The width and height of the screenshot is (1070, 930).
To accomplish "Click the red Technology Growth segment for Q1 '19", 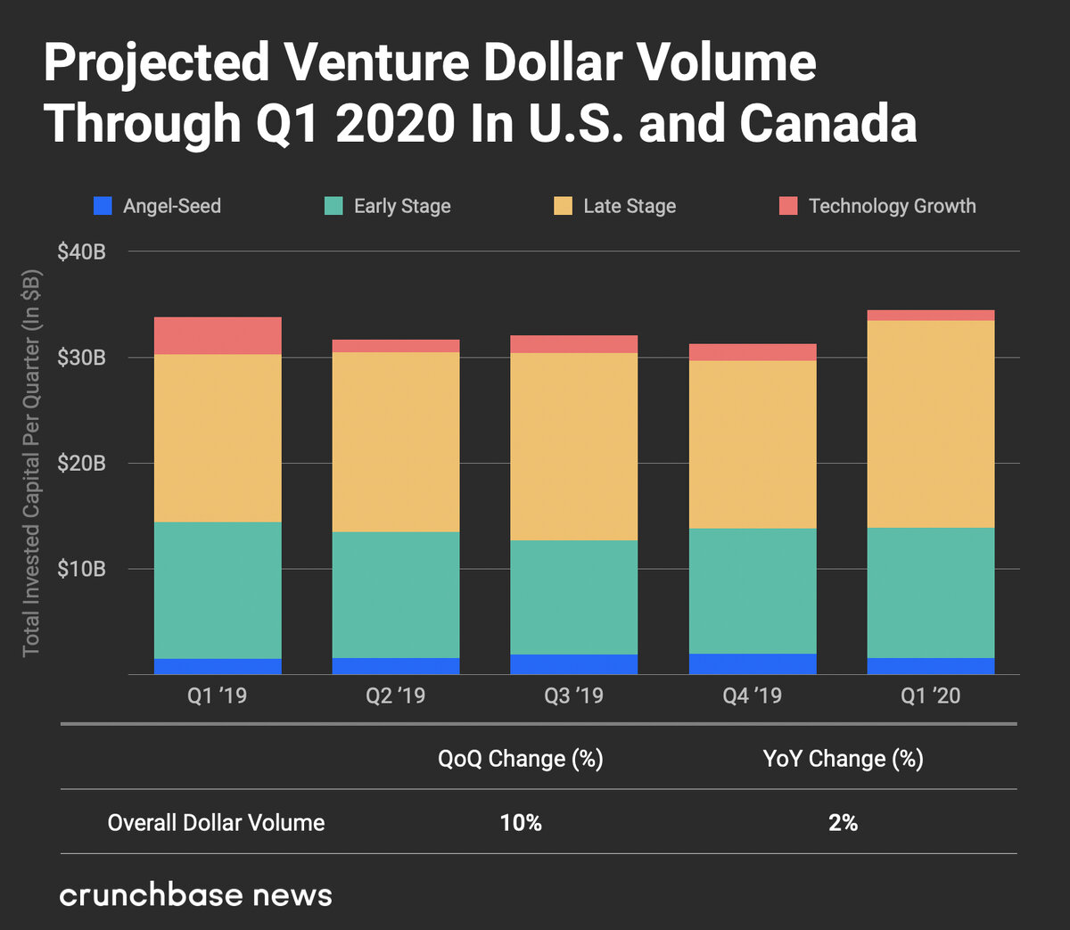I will tap(218, 335).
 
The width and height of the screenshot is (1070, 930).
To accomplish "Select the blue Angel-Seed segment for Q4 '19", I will tap(753, 663).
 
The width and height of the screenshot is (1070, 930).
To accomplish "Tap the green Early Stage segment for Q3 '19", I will tap(574, 597).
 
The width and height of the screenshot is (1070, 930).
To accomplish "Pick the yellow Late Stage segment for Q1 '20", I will tap(931, 424).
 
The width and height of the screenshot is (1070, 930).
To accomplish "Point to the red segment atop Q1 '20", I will tap(931, 315).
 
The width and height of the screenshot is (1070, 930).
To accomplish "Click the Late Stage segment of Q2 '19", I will tap(396, 441).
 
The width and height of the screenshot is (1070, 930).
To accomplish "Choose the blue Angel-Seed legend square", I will tap(103, 206).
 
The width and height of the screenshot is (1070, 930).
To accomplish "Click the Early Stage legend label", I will tap(402, 206).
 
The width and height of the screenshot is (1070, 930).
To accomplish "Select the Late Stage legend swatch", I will tap(563, 206).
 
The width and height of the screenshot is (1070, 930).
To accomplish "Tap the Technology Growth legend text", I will tap(892, 206).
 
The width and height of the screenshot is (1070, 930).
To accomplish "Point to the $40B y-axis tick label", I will tap(81, 251).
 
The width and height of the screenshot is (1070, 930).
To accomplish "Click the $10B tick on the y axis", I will tap(81, 569).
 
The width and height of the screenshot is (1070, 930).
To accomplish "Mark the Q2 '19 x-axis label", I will tap(395, 695).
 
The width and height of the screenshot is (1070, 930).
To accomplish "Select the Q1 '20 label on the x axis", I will tap(930, 695).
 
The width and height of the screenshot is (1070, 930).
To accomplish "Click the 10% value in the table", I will tap(521, 822).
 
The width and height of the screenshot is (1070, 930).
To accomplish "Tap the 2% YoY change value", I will tap(843, 822).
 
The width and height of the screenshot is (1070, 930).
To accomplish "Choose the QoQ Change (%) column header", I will tap(521, 759).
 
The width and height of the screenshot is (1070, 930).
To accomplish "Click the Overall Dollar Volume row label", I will tap(216, 822).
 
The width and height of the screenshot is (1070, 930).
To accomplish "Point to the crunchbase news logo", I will tap(195, 894).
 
